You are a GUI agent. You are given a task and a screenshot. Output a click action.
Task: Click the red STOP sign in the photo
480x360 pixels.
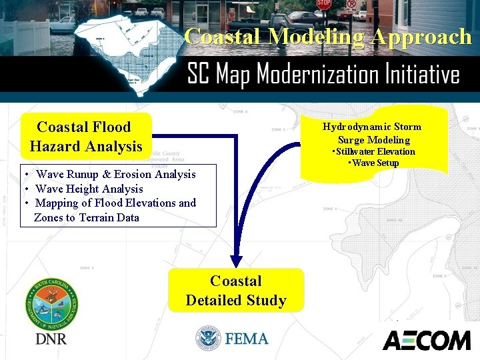tap(324, 4)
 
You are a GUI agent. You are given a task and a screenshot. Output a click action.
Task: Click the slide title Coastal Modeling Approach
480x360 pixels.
tap(328, 36)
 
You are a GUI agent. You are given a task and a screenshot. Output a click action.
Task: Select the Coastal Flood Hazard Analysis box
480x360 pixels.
tap(86, 136)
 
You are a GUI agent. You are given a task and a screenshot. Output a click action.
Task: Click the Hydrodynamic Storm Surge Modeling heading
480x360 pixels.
tap(372, 133)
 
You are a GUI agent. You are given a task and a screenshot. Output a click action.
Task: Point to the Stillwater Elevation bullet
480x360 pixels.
tap(374, 152)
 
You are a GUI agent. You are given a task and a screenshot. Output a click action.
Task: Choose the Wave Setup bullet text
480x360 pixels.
tap(374, 163)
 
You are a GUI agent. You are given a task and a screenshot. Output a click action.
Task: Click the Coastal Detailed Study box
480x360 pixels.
tap(236, 290)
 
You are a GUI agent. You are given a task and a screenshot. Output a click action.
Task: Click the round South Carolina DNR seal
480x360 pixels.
tap(51, 303)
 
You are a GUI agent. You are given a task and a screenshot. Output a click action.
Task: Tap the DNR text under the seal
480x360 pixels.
tap(51, 339)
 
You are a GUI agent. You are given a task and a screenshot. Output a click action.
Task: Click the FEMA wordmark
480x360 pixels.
tap(247, 339)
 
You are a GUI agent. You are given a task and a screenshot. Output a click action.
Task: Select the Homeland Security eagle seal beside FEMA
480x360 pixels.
tap(208, 339)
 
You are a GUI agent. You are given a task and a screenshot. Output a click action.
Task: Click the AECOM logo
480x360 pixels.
tap(426, 340)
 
